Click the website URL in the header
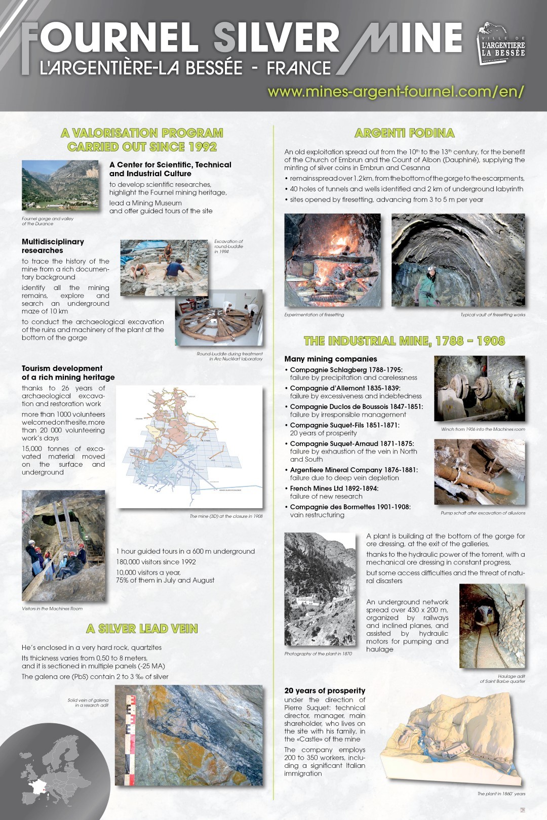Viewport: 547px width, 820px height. [395, 92]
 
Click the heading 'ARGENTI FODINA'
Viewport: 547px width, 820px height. [404, 133]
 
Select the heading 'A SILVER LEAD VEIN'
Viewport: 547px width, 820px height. [142, 629]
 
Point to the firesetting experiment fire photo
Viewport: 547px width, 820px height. [332, 260]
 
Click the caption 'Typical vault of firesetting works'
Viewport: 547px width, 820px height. [492, 315]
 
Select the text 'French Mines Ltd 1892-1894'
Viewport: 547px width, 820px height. [334, 488]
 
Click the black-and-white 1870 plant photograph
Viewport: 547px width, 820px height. [320, 589]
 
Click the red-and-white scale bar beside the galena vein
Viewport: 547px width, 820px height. [131, 739]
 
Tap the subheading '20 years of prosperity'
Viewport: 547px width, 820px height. [325, 690]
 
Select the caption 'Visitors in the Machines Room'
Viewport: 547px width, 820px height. [52, 609]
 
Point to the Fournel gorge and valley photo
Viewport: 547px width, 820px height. [60, 186]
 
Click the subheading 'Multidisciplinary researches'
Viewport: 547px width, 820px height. [53, 246]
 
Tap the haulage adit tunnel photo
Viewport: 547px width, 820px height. [492, 626]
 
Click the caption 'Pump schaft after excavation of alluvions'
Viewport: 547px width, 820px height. [483, 513]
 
